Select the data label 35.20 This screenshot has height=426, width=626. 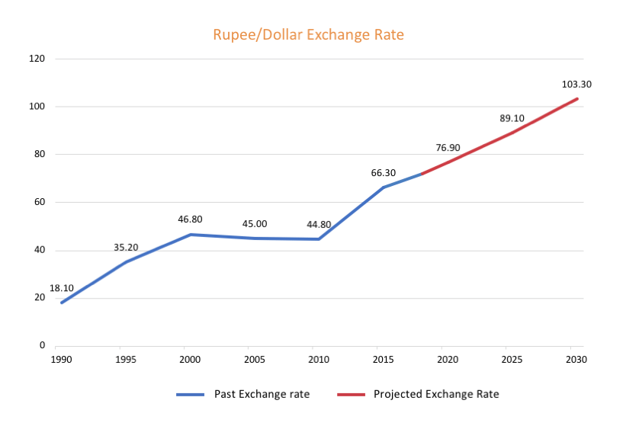(x=127, y=248)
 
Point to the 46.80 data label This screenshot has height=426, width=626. (x=190, y=219)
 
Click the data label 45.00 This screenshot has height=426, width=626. (x=255, y=224)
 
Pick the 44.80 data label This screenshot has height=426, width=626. (x=319, y=224)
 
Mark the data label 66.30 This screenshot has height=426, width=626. (x=384, y=173)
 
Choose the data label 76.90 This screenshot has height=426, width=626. (x=448, y=148)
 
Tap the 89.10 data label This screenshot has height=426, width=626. (x=512, y=119)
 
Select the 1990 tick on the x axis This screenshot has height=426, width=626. (x=62, y=358)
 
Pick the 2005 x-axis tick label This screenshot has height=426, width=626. (x=255, y=358)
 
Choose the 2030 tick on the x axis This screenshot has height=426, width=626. (x=577, y=358)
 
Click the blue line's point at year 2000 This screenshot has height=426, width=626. (x=191, y=235)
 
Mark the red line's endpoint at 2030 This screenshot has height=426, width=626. (x=577, y=98)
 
